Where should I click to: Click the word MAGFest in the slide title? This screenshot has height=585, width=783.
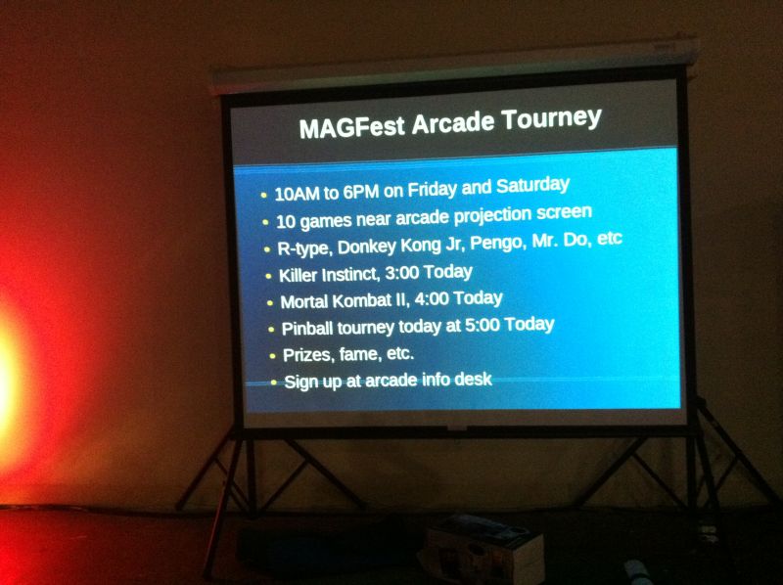[x=351, y=127]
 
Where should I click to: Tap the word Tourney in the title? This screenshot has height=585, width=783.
[x=551, y=119]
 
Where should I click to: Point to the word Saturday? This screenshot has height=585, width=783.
[x=532, y=186]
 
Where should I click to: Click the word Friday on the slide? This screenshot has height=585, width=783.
[x=432, y=189]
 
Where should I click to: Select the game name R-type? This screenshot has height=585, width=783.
[x=304, y=248]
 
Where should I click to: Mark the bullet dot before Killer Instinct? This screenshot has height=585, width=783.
[x=269, y=276]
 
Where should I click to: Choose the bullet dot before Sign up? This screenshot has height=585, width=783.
[x=274, y=382]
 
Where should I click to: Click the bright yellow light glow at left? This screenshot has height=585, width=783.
[x=7, y=380]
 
